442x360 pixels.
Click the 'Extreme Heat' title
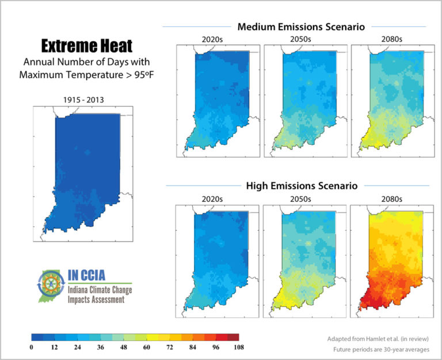[86, 45]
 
